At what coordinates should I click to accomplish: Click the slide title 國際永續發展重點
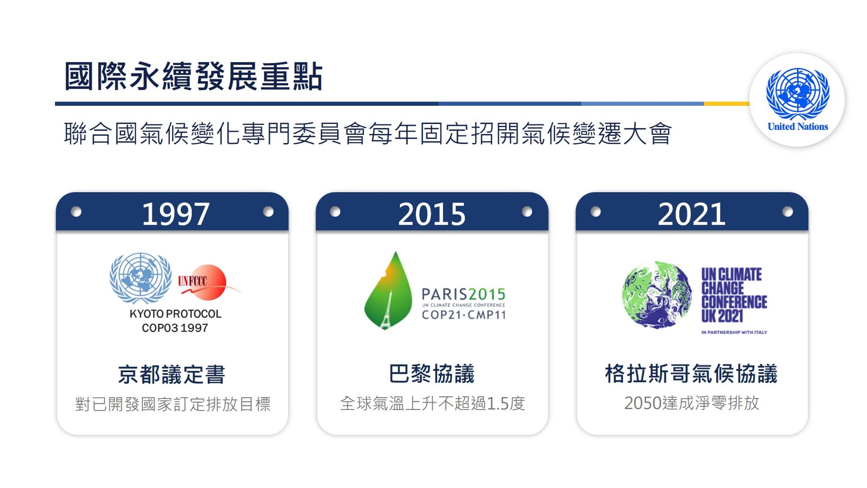(x=193, y=76)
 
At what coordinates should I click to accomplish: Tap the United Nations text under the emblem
(x=798, y=127)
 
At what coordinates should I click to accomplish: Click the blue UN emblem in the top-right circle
(x=798, y=93)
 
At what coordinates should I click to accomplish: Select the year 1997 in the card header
(x=176, y=214)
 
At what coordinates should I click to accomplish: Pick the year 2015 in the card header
(x=432, y=214)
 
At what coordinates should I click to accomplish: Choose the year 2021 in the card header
(x=691, y=214)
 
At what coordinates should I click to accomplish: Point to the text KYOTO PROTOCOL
(x=176, y=314)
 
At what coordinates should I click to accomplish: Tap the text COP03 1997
(x=175, y=328)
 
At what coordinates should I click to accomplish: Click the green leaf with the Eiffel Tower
(x=388, y=291)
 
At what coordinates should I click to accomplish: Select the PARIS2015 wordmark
(x=463, y=295)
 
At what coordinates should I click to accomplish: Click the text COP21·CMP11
(x=463, y=315)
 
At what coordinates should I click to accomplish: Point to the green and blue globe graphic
(x=657, y=295)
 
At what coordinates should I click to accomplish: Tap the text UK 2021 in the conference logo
(x=722, y=316)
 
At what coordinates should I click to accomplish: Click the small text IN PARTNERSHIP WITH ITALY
(x=734, y=332)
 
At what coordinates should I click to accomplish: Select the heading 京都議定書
(x=172, y=374)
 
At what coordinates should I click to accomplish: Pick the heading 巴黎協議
(x=432, y=373)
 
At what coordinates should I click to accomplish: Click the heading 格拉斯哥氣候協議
(x=691, y=373)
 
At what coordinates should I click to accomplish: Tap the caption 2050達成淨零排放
(x=691, y=403)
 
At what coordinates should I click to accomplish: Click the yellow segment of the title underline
(x=727, y=104)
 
